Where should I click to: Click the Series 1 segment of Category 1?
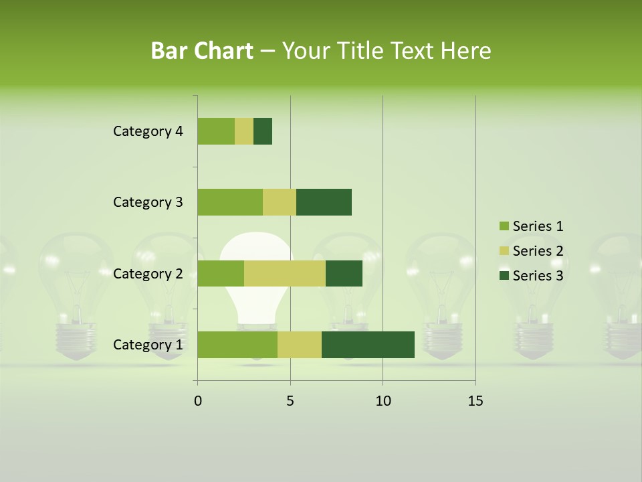pos(237,345)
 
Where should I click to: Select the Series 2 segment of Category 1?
pos(300,345)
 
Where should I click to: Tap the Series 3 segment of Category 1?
pos(368,345)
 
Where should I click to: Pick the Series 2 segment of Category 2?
pos(285,273)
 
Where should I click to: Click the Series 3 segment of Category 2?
pos(344,273)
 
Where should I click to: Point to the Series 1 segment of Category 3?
pos(230,202)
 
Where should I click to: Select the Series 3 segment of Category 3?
pos(324,202)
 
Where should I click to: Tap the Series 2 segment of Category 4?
pos(244,131)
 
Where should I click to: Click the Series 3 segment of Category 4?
pos(263,131)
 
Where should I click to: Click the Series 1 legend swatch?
pos(504,226)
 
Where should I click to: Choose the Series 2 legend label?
pos(538,251)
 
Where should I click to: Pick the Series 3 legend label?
pos(538,276)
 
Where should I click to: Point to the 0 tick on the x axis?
pos(198,401)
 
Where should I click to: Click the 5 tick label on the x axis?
pos(290,401)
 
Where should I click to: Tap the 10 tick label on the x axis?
pos(383,401)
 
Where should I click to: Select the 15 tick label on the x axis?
pos(475,401)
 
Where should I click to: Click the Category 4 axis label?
pos(148,131)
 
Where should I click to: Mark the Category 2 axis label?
pos(148,273)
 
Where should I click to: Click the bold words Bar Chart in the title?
pos(202,50)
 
